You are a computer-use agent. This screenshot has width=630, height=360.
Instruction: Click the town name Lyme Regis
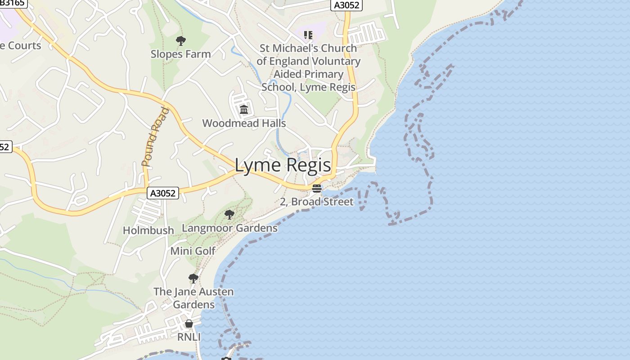point(283,166)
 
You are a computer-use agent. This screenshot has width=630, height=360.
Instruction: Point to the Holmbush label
point(148,230)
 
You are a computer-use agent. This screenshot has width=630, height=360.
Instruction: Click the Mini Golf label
point(193,251)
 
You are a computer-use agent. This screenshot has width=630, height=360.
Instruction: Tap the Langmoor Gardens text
point(229,228)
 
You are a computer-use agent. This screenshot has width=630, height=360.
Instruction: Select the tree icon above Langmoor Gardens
point(229,214)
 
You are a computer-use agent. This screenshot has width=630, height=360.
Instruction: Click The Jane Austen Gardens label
point(193,298)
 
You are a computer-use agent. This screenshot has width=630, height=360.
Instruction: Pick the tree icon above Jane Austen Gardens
point(193,278)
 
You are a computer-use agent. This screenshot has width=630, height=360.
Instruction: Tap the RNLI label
point(189,337)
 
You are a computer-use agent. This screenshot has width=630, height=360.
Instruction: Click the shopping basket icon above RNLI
point(189,324)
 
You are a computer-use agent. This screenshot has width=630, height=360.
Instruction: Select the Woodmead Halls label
point(244,123)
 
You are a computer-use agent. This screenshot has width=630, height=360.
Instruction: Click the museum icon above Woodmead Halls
point(244,109)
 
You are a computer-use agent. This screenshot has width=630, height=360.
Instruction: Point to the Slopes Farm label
point(180,54)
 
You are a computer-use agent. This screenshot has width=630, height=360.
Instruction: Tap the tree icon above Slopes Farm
point(180,41)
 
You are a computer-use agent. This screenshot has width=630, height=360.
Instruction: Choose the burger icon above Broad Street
point(317,188)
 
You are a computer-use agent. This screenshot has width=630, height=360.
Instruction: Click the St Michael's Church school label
point(308,67)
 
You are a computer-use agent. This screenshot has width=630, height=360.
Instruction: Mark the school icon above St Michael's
point(308,35)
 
